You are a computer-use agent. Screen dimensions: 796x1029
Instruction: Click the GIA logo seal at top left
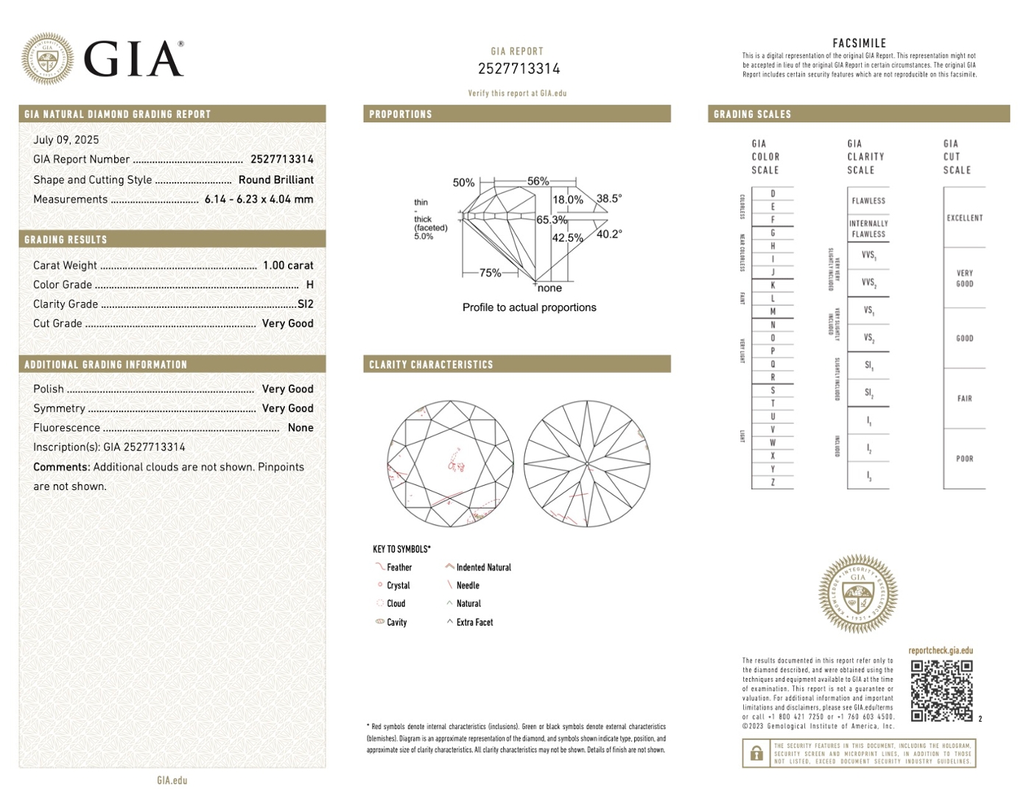point(47,58)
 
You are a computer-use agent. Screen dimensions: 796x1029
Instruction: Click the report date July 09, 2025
point(66,140)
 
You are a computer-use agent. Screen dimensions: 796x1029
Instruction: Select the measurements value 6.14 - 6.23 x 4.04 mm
point(259,199)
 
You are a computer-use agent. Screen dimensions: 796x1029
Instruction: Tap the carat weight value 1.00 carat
point(288,265)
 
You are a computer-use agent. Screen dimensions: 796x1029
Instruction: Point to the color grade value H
point(309,284)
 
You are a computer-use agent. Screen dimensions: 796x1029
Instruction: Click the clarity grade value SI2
point(305,304)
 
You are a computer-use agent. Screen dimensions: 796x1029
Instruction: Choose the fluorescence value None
point(301,427)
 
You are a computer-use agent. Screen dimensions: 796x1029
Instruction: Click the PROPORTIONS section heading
point(401,114)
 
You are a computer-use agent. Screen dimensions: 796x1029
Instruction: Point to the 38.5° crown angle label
point(609,198)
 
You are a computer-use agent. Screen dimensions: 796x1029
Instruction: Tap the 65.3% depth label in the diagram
point(551,220)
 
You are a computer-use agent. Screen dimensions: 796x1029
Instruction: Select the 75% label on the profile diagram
point(490,273)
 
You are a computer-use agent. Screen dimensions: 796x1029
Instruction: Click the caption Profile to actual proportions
point(529,307)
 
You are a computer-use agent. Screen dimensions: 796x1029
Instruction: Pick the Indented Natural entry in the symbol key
point(483,568)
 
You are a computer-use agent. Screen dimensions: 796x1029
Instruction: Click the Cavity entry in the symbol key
point(396,623)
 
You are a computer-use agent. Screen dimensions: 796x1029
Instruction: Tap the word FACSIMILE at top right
point(859,43)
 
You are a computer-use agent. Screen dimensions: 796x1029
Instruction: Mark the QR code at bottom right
point(941,691)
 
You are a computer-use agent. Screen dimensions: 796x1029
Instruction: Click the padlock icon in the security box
point(756,753)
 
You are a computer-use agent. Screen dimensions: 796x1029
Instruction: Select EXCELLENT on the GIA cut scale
point(964,218)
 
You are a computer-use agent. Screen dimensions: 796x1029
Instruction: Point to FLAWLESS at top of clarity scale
point(868,200)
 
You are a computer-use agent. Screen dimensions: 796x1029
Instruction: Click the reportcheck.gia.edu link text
point(940,651)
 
